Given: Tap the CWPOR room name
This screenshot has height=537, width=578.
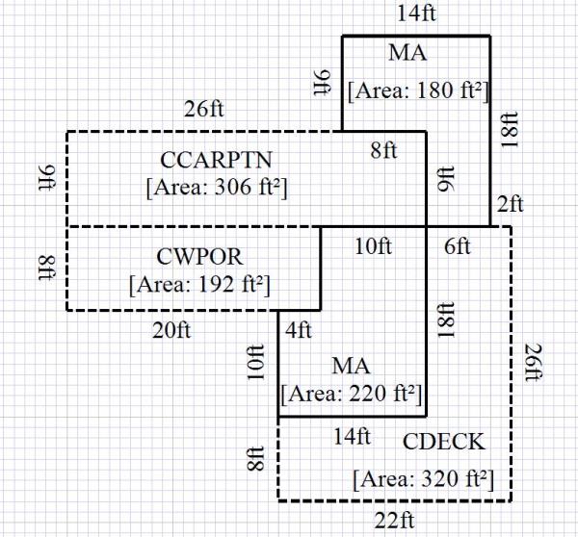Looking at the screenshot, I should click(199, 258).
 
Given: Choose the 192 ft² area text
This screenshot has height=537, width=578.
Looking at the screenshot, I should click(199, 285).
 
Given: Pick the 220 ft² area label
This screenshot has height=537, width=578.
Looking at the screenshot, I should click(352, 394).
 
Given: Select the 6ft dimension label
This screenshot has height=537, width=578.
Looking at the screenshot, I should click(457, 247).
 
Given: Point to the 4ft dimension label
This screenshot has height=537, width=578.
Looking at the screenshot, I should click(299, 331).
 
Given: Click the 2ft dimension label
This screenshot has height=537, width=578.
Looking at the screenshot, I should click(510, 204).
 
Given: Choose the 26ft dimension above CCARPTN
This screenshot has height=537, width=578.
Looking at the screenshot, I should click(205, 108).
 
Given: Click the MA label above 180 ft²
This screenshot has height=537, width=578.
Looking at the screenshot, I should click(407, 53).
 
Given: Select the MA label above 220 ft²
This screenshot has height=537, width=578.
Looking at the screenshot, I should click(352, 367).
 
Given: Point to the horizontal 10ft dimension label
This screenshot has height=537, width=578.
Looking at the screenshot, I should click(373, 247).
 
